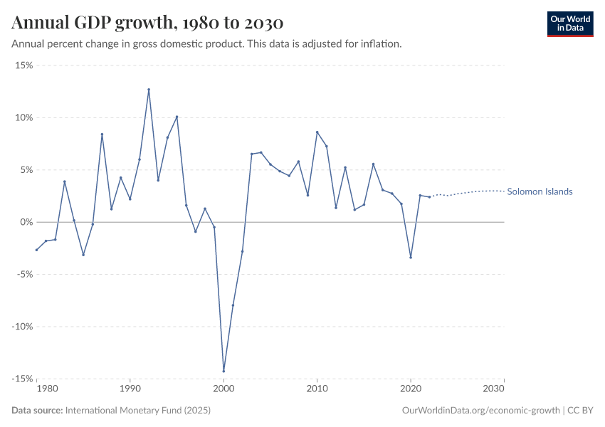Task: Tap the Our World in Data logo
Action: coord(569,23)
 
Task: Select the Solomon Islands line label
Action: coord(540,192)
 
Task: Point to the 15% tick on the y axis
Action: coord(24,65)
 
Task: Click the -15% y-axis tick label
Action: coord(23,379)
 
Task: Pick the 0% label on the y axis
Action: coord(26,222)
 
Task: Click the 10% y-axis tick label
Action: coord(24,117)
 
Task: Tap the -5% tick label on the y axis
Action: coord(24,275)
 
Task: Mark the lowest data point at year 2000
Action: coord(223,371)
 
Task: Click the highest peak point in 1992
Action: coord(149,90)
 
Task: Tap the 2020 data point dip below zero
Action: coord(411,257)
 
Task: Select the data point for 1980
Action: coord(36,250)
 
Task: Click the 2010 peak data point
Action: coord(317,132)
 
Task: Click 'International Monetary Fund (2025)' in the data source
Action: coord(137,411)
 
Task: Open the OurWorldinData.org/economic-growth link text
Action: coord(481,411)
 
